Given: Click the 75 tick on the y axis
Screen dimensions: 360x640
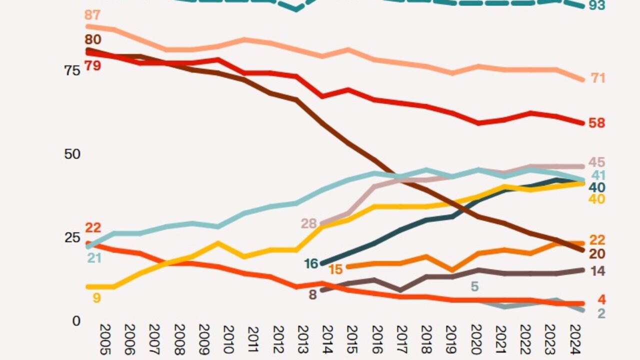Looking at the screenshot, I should point(72,70).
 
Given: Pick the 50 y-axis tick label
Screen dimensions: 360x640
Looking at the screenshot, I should point(72,154).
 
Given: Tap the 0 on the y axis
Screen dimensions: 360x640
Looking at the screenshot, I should point(76,320).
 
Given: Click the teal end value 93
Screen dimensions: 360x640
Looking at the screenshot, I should point(596,5).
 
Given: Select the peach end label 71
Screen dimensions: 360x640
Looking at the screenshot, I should point(598,78).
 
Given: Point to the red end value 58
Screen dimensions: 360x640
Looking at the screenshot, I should point(596,122).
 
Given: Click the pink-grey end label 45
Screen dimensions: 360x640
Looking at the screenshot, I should point(596,162).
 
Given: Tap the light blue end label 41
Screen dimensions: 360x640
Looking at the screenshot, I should point(598,175).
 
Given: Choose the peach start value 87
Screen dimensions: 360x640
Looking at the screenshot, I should point(93,14).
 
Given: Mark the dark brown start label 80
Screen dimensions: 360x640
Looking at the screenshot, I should point(93,39).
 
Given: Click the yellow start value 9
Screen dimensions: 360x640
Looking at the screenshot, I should point(96,298).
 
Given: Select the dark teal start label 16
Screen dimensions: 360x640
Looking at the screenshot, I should point(311,263).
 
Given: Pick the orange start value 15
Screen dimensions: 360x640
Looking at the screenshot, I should point(335,269).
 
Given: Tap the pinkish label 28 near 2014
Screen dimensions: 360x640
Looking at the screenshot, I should point(308,223).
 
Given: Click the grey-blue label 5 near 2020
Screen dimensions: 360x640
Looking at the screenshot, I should point(475,286).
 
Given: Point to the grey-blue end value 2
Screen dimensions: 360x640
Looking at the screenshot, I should point(602,313).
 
